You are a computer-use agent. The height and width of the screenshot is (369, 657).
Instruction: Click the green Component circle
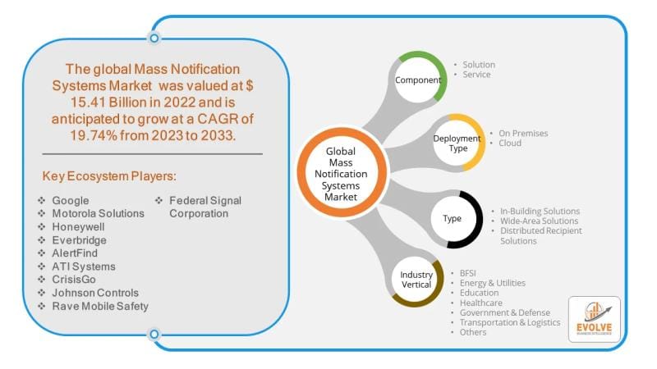[419, 80]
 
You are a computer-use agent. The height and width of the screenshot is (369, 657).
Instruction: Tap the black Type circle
[453, 219]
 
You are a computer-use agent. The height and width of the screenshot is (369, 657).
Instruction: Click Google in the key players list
[70, 200]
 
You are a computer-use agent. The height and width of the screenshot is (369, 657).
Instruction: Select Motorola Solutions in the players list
[97, 213]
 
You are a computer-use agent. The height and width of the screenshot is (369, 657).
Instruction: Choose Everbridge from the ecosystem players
[79, 239]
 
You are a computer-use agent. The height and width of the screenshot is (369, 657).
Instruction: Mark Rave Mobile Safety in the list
[100, 306]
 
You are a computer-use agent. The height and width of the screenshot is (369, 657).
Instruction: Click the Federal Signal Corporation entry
[204, 207]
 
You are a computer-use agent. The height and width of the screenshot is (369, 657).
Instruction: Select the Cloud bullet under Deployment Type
[510, 143]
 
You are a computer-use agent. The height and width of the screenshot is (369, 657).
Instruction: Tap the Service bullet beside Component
[476, 75]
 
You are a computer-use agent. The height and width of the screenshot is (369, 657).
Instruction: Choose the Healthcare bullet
[481, 303]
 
